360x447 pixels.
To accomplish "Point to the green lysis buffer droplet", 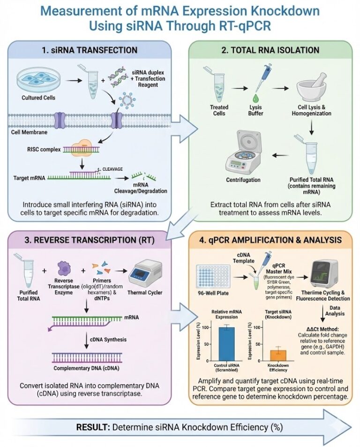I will pos(256,98).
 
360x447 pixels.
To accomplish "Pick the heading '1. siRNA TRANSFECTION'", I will pos(90,50).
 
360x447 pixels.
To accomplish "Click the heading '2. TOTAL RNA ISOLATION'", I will pos(272,50).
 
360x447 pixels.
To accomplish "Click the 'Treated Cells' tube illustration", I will pos(211,83).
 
